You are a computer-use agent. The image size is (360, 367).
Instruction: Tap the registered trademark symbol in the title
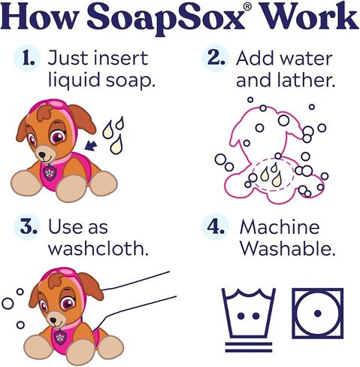pyautogui.click(x=247, y=7)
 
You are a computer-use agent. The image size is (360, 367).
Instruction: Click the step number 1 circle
pyautogui.click(x=27, y=59)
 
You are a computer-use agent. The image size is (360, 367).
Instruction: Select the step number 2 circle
pyautogui.click(x=216, y=58)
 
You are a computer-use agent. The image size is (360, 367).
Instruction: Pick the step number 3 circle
pyautogui.click(x=27, y=228)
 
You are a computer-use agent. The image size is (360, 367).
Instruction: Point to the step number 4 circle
pyautogui.click(x=216, y=227)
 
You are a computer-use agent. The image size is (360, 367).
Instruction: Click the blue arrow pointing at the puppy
pyautogui.click(x=91, y=145)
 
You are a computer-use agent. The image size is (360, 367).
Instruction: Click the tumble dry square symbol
pyautogui.click(x=318, y=313)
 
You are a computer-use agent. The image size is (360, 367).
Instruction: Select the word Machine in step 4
pyautogui.click(x=280, y=227)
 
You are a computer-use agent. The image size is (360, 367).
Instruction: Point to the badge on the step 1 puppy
pyautogui.click(x=50, y=172)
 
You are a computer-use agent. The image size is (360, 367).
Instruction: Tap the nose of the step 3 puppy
pyautogui.click(x=53, y=320)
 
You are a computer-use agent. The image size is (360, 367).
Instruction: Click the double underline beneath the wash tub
pyautogui.click(x=249, y=347)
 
